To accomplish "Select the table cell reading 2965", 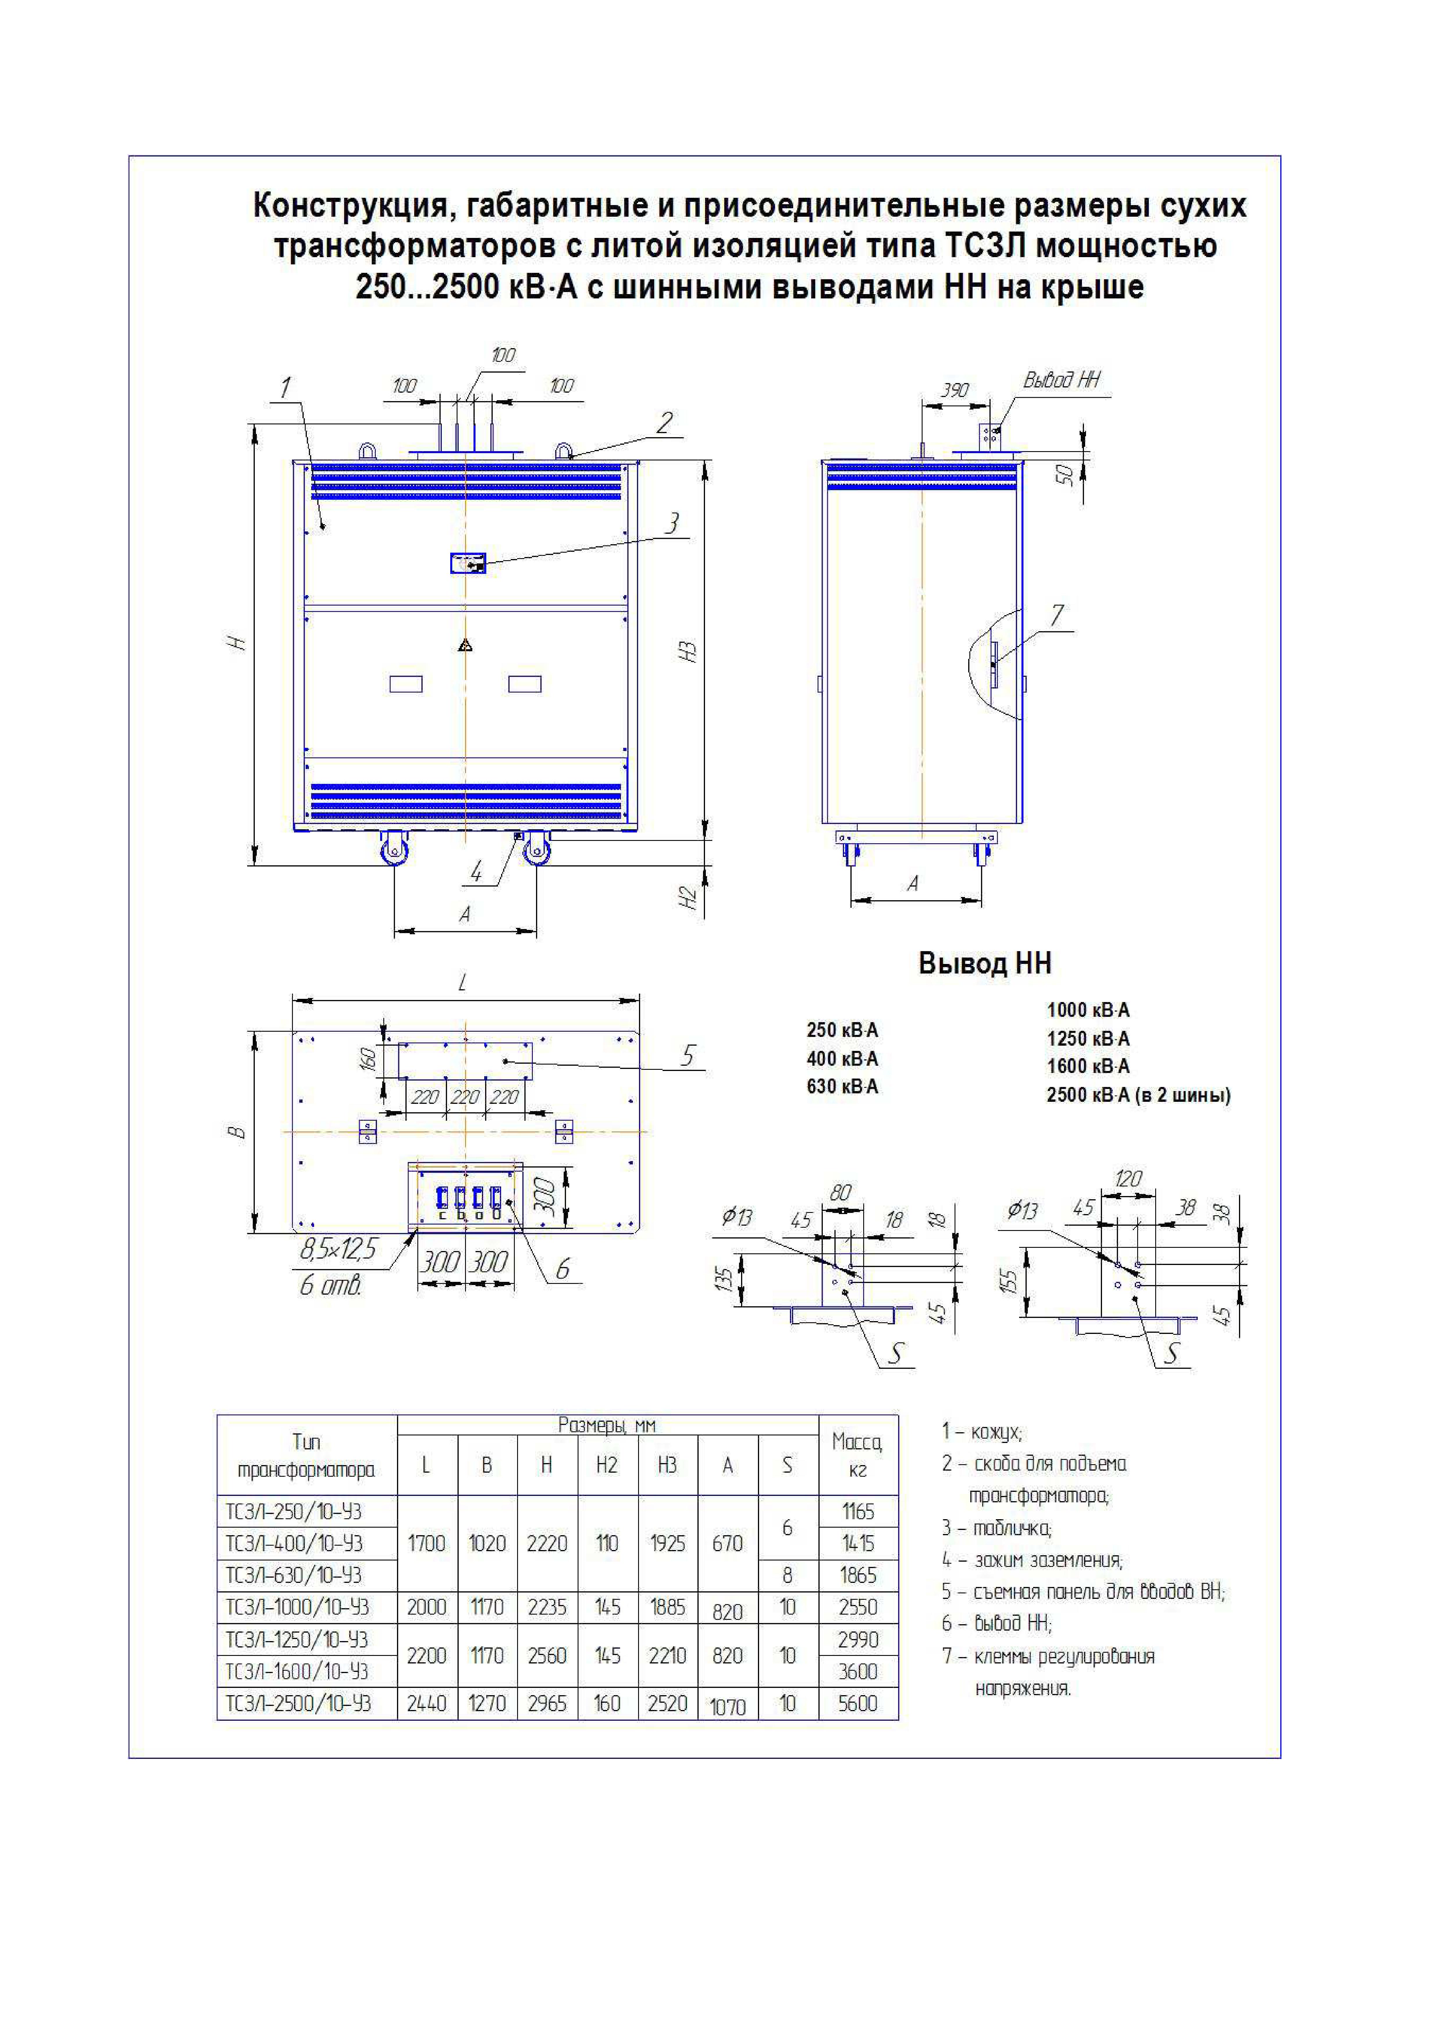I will (547, 1703).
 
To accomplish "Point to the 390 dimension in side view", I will (955, 391).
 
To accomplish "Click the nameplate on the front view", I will (468, 563).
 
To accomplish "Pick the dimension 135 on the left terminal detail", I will (725, 1279).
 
